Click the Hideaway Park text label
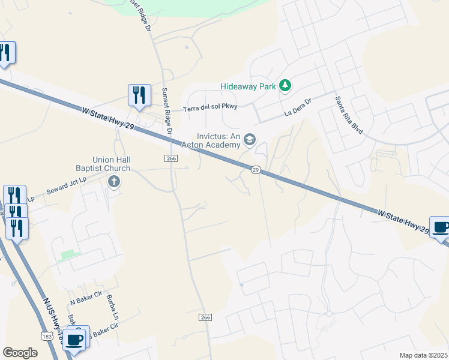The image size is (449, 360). pos(247,86)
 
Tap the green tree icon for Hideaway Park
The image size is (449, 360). pos(286,86)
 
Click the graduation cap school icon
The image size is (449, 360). pos(250,140)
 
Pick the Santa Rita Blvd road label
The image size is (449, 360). pos(349,115)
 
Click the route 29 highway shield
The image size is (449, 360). pos(256,170)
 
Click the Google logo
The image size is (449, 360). pos(20,352)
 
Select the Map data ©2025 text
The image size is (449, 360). pos(423,355)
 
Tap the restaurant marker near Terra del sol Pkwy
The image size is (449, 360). pos(139,95)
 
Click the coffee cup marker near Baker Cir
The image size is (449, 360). pos(75,339)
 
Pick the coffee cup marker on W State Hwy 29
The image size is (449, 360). pos(441,227)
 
